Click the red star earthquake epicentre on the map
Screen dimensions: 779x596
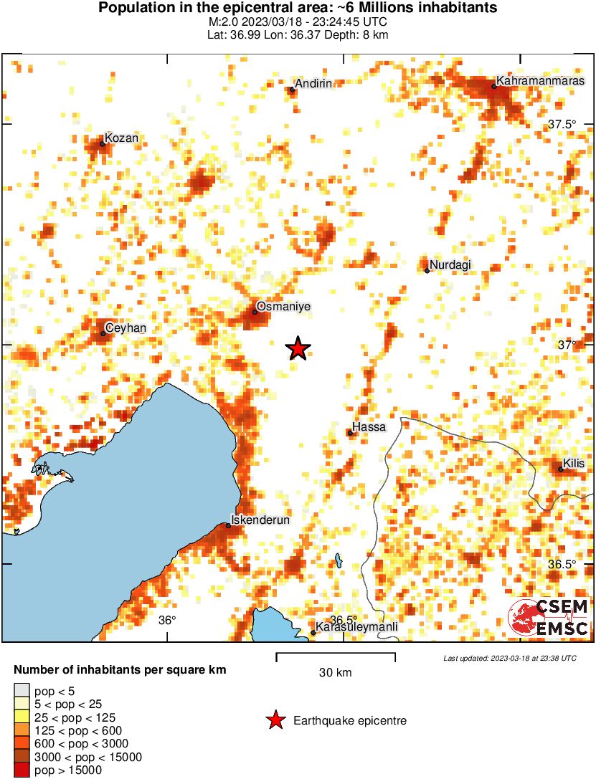(x=298, y=349)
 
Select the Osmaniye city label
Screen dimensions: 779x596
(x=283, y=306)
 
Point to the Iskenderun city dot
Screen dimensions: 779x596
(x=228, y=526)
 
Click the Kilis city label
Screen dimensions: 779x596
(x=574, y=464)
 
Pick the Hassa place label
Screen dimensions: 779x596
(x=370, y=427)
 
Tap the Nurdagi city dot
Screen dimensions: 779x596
(x=427, y=270)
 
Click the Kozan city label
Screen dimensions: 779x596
(x=121, y=138)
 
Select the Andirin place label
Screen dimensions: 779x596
(x=314, y=84)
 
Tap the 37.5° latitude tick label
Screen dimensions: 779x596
(x=562, y=125)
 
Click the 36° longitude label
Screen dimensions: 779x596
(x=167, y=620)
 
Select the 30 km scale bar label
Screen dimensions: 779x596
(x=335, y=673)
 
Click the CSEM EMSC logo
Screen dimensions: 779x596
(x=549, y=618)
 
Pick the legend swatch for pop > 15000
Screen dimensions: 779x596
(x=22, y=770)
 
